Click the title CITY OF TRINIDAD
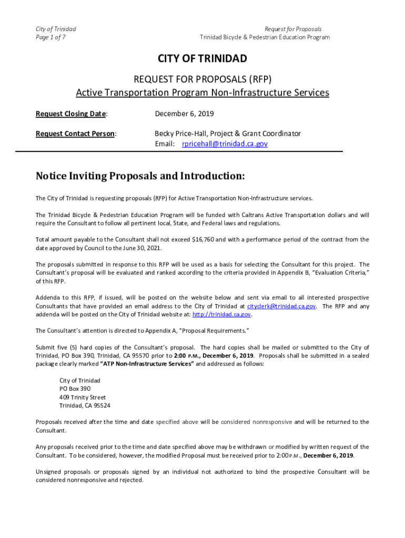(202, 58)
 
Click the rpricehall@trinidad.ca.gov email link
(225, 143)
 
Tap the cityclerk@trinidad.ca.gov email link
(281, 306)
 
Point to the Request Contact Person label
(76, 133)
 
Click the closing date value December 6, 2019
(184, 114)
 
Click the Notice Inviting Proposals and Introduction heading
(140, 175)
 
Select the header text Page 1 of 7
(50, 37)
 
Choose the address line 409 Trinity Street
(83, 397)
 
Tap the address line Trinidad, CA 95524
(85, 406)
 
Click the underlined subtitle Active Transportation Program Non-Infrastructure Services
(202, 93)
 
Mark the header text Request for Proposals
(293, 29)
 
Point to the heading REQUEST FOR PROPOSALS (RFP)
(202, 79)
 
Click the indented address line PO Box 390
(75, 389)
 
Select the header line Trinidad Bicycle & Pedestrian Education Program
(265, 37)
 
